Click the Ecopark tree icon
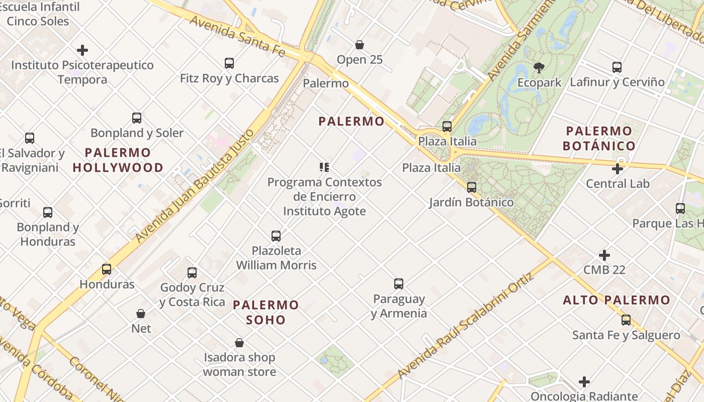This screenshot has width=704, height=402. point(539,67)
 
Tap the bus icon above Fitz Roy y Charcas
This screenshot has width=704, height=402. point(229,63)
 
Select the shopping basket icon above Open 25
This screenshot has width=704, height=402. point(360,45)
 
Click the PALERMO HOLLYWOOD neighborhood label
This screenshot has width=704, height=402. point(118,160)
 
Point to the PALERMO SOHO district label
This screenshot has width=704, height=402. point(266,312)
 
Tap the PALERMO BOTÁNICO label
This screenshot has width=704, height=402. point(599,139)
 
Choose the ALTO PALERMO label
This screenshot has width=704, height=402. point(617,300)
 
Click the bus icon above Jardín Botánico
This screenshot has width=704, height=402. point(471,187)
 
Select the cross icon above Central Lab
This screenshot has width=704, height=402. point(618,169)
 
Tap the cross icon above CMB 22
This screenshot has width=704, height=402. point(604,255)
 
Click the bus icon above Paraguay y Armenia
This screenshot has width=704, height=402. point(399,284)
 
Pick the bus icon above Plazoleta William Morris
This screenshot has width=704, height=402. point(276,236)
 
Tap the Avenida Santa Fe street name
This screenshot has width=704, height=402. point(238,36)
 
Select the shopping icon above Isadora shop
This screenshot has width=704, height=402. point(239,343)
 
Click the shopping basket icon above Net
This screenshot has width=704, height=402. point(141,314)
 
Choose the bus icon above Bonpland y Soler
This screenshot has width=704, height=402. point(137,118)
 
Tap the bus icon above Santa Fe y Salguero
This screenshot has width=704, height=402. point(626,320)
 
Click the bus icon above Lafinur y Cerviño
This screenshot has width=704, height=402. point(617,67)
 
